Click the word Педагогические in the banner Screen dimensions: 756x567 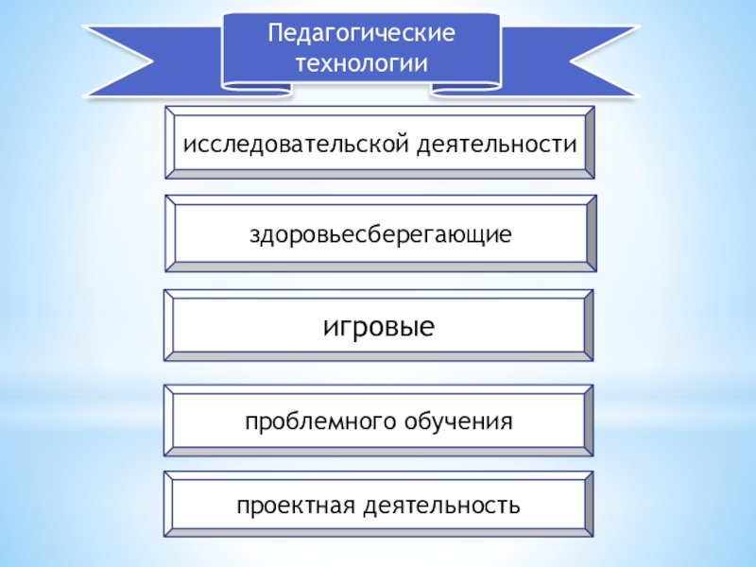[x=362, y=34]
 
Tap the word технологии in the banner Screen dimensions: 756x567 [x=362, y=63]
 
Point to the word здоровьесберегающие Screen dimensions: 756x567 [x=380, y=232]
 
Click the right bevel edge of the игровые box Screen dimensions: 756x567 [x=589, y=326]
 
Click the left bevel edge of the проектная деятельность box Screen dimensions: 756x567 [x=171, y=505]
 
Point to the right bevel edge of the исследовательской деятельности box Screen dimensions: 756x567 [x=589, y=143]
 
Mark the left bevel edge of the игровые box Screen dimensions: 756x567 [x=171, y=326]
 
